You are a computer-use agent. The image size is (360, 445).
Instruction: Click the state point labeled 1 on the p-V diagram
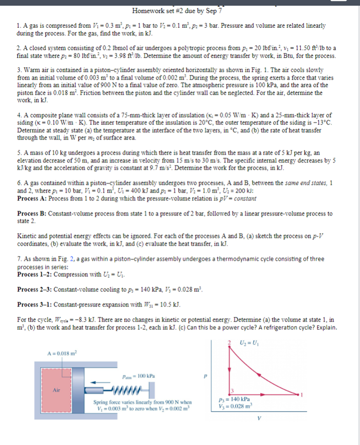[299, 393]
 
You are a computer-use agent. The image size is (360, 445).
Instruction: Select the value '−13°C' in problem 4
[322, 122]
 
